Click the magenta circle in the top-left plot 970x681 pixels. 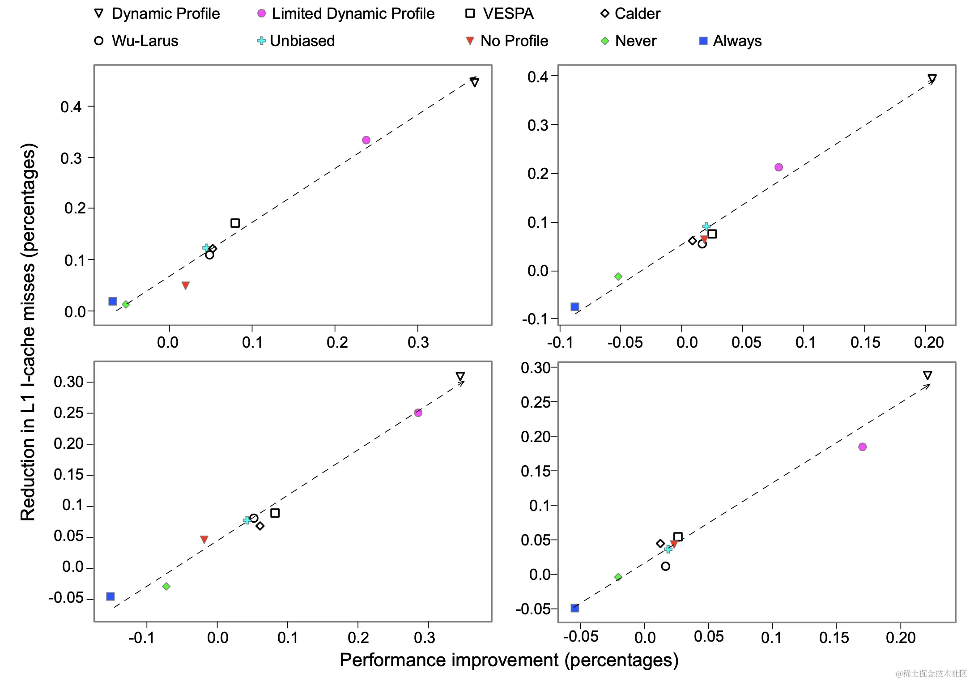click(x=366, y=140)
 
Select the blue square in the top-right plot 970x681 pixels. click(x=575, y=307)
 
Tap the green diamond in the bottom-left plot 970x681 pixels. click(x=166, y=586)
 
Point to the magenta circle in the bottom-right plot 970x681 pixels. click(x=862, y=447)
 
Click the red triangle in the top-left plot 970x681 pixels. click(x=186, y=285)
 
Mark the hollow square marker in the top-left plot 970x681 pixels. click(x=235, y=223)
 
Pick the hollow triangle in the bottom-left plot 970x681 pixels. click(x=460, y=376)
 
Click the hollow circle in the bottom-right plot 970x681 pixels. click(x=665, y=566)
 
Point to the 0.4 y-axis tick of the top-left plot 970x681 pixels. click(x=71, y=107)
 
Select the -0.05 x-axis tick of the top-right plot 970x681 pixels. click(x=625, y=343)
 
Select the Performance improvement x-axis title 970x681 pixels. click(x=509, y=660)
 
